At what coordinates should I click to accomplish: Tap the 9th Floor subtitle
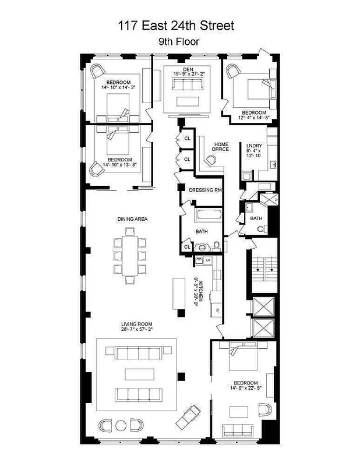click(x=179, y=42)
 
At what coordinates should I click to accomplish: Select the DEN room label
click(x=187, y=69)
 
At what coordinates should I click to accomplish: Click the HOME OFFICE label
click(x=221, y=147)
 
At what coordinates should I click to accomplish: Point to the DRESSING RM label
click(x=206, y=190)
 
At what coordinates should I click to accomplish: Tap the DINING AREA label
click(x=132, y=219)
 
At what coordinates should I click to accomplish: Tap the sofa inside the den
click(x=187, y=85)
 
